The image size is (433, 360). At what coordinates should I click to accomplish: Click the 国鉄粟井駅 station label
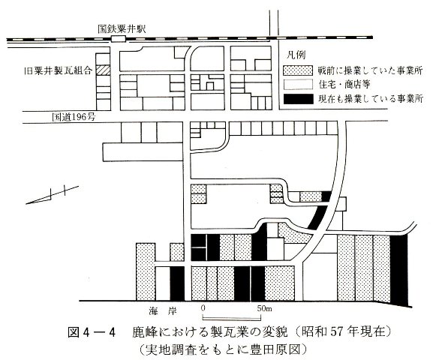(x=122, y=29)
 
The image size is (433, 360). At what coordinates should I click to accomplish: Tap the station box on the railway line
(x=119, y=39)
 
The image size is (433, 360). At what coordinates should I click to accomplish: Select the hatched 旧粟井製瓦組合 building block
(x=103, y=70)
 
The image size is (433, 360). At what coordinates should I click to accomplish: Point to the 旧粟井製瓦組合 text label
(x=58, y=71)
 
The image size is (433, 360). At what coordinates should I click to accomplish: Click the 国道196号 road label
(x=74, y=117)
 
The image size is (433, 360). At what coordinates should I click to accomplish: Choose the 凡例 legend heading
(x=296, y=55)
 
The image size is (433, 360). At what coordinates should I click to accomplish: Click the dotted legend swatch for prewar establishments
(x=298, y=70)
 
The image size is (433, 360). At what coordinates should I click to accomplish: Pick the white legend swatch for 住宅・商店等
(x=298, y=85)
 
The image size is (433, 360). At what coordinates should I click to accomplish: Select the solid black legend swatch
(x=298, y=99)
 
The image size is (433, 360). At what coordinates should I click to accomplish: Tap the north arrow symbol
(x=53, y=195)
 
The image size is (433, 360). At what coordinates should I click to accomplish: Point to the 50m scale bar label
(x=264, y=308)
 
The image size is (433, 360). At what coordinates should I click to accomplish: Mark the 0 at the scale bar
(x=203, y=308)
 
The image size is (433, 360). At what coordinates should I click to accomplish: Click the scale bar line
(x=231, y=319)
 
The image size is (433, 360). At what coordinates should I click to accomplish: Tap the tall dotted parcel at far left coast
(x=146, y=272)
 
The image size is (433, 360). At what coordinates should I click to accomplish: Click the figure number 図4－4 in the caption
(x=91, y=332)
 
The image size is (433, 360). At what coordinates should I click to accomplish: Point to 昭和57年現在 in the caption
(x=344, y=331)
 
